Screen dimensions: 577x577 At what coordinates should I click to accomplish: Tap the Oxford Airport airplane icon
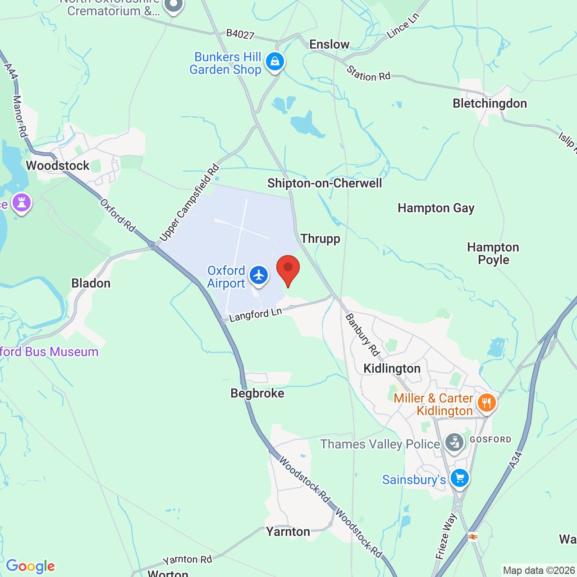click(x=259, y=275)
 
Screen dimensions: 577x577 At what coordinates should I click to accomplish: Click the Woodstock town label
click(x=58, y=165)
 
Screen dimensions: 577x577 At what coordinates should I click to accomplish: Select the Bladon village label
click(x=91, y=283)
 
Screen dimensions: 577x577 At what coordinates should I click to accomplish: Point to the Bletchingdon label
click(x=490, y=103)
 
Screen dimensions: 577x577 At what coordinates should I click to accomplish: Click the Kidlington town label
click(x=392, y=368)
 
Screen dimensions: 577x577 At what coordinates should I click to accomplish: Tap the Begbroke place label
click(x=257, y=393)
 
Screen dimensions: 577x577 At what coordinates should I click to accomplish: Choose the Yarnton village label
click(x=288, y=531)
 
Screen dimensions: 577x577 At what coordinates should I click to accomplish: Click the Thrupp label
click(x=321, y=238)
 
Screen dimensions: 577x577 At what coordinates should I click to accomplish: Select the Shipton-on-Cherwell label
click(x=325, y=183)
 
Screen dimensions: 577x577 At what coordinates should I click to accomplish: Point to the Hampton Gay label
click(x=436, y=208)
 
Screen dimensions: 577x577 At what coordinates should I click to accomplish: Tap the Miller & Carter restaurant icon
click(x=486, y=403)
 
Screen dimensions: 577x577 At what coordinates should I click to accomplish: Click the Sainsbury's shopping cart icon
click(x=459, y=478)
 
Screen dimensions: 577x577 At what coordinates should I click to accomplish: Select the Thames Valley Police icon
click(x=454, y=443)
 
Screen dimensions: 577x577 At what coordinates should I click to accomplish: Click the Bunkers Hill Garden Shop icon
click(x=275, y=61)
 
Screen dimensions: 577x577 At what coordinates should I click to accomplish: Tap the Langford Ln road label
click(x=256, y=315)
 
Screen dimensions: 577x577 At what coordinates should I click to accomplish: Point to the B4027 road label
click(x=240, y=34)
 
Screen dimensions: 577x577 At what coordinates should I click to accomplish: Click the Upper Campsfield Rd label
click(x=189, y=203)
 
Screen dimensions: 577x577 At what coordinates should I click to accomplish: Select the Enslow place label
click(x=329, y=44)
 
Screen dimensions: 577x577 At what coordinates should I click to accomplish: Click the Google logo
click(x=31, y=566)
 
